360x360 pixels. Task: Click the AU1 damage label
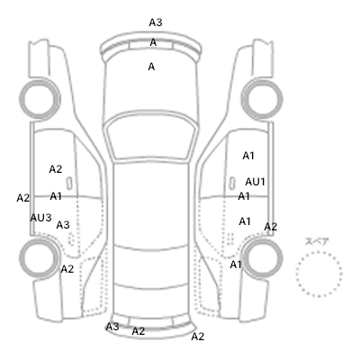tap(255, 182)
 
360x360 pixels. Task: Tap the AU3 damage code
tap(40, 218)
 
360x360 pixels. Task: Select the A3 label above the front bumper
tap(156, 22)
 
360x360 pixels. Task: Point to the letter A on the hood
tap(151, 67)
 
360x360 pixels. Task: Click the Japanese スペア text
tap(317, 241)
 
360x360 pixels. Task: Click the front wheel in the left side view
tap(40, 98)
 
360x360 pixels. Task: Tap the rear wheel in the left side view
tap(40, 258)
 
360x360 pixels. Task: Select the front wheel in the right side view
tap(262, 98)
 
